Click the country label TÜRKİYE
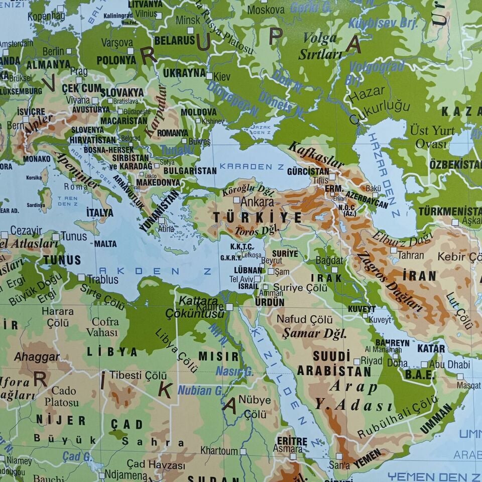click(258, 217)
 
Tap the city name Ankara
click(258, 202)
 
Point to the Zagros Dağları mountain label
click(390, 282)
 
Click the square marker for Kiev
click(209, 76)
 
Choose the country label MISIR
click(218, 356)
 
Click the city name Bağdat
click(329, 260)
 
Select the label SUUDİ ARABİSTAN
click(333, 364)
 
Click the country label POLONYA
click(116, 60)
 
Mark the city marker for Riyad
click(356, 361)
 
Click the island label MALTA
click(105, 244)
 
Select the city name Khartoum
click(219, 450)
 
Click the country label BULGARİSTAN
click(190, 171)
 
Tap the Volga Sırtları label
click(320, 46)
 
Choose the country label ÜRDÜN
click(270, 303)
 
